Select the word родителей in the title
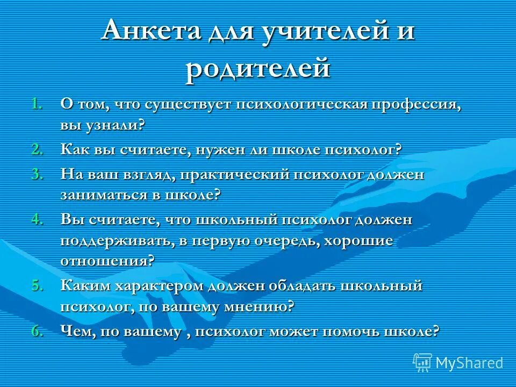point(257,69)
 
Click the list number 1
point(37,104)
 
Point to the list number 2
point(37,149)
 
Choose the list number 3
point(37,174)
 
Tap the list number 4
point(37,219)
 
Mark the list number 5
point(37,285)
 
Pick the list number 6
point(37,331)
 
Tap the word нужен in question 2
point(221,149)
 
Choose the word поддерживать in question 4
point(116,240)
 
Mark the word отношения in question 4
point(105,261)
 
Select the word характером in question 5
point(155,285)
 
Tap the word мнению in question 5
point(259,306)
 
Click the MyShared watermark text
point(469,363)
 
